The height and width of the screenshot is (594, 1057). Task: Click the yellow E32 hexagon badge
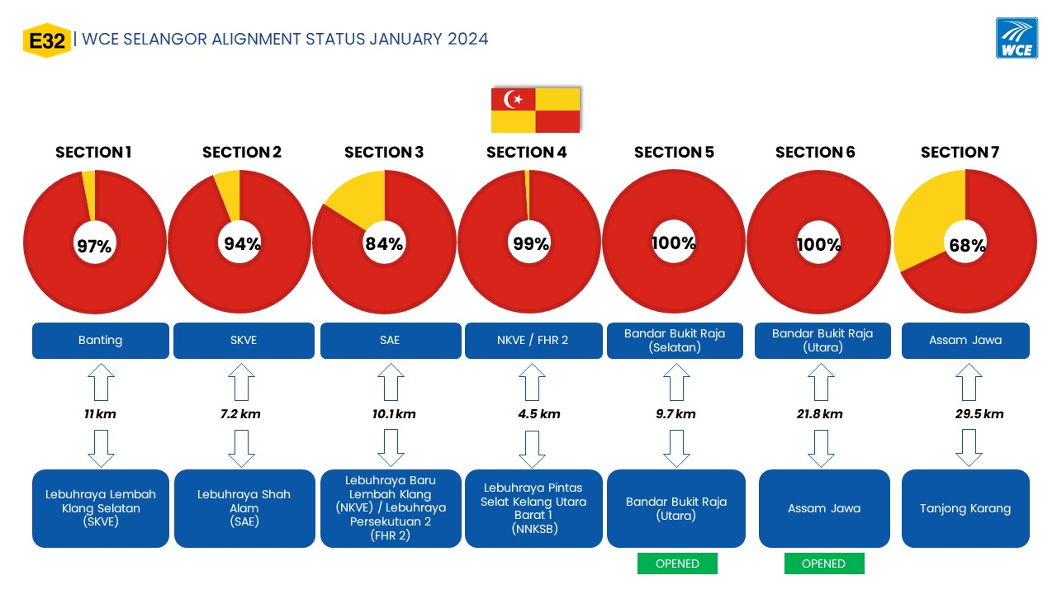point(47,40)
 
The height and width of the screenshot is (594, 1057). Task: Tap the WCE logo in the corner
point(1017,38)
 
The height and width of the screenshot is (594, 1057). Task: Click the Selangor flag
point(535,110)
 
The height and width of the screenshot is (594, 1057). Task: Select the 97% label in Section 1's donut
point(94,246)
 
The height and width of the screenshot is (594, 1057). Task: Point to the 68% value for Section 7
point(967,245)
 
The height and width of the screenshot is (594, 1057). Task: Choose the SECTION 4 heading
point(526,153)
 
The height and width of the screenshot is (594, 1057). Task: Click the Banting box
point(101,341)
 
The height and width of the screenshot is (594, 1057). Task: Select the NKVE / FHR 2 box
point(533,341)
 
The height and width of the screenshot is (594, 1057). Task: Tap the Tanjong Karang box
point(965,508)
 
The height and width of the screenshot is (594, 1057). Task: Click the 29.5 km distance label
point(979,414)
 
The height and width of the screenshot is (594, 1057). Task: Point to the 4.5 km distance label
point(539,414)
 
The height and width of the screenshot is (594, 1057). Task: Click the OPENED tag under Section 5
point(677,563)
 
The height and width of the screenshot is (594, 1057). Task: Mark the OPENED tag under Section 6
point(824,563)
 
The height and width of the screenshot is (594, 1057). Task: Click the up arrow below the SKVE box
point(242,382)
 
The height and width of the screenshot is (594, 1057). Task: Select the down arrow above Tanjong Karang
point(969,448)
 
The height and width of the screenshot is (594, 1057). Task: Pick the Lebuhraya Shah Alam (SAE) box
point(244,508)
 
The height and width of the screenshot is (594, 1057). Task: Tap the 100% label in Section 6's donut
point(818,245)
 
